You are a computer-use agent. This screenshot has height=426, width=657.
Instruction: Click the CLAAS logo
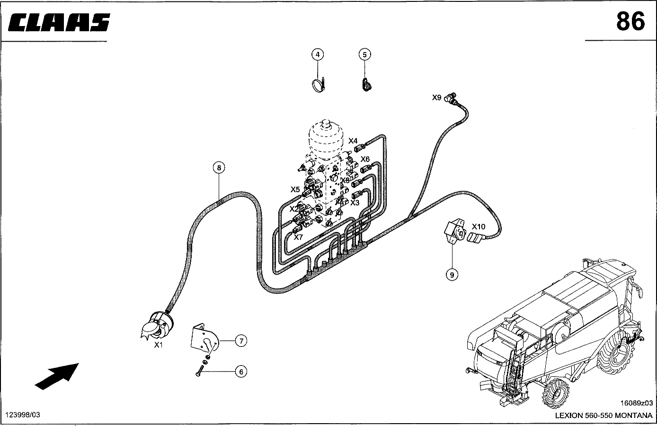click(59, 22)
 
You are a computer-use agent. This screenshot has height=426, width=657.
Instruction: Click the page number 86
click(630, 22)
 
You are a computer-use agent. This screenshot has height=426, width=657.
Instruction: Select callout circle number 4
click(318, 55)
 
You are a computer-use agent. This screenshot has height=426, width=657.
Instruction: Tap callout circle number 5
click(364, 55)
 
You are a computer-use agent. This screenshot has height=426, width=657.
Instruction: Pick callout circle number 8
click(218, 167)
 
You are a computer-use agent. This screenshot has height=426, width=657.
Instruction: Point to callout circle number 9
click(452, 274)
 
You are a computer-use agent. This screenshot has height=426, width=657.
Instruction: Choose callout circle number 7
click(241, 340)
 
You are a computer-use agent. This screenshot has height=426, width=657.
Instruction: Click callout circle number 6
click(241, 372)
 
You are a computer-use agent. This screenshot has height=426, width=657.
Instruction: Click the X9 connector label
click(437, 98)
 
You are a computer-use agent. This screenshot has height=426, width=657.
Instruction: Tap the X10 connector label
click(479, 227)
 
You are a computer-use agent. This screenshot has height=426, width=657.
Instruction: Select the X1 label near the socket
click(158, 345)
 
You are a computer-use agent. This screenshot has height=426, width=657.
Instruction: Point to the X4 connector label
click(353, 141)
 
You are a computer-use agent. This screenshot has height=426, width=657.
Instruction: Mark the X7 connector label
click(298, 237)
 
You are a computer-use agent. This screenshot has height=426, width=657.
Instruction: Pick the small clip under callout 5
click(366, 85)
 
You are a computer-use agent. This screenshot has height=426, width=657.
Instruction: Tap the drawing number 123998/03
click(22, 415)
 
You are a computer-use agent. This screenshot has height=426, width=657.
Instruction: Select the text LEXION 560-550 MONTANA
click(604, 416)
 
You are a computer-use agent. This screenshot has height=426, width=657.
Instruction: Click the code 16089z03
click(636, 403)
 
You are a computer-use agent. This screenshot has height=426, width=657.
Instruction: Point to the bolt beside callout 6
click(199, 373)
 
